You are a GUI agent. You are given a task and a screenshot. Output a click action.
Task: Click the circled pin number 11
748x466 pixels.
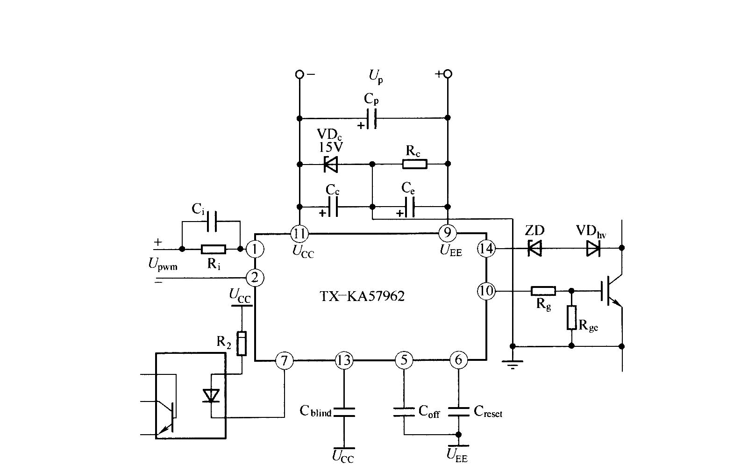[x=299, y=234]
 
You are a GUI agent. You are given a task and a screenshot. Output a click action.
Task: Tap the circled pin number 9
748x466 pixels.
[x=448, y=232]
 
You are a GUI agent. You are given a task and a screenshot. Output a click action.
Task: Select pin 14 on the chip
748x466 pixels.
[x=486, y=249]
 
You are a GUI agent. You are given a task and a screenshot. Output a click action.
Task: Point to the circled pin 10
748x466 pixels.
[x=486, y=291]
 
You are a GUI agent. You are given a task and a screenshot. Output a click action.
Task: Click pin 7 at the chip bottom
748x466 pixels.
[x=284, y=360]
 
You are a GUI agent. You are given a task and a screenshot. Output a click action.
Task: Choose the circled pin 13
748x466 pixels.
[x=344, y=360]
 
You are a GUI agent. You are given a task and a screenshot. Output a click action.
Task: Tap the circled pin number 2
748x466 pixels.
[x=255, y=278]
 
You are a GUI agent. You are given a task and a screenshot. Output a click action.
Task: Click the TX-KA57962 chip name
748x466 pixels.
[x=362, y=296]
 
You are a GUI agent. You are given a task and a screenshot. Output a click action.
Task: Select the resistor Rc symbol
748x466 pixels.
[x=415, y=164]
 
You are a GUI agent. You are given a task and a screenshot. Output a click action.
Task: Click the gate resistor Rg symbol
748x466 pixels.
[x=543, y=291]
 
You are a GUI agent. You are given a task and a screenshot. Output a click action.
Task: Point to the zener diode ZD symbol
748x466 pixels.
[x=534, y=248]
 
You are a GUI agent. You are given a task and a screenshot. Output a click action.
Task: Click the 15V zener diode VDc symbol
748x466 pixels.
[x=331, y=165]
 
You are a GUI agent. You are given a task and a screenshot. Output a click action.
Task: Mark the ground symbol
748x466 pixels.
[x=513, y=364]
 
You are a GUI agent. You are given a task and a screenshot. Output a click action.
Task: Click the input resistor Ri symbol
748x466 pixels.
[x=214, y=249]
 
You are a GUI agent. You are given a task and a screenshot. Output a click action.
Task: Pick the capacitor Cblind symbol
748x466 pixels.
[x=344, y=412]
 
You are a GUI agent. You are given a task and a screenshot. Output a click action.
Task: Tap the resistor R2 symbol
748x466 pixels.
[x=242, y=344]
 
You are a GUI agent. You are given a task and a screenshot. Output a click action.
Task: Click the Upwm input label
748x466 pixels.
[x=163, y=264]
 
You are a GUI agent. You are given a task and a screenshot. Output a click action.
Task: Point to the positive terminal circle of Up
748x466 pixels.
[x=448, y=74]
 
